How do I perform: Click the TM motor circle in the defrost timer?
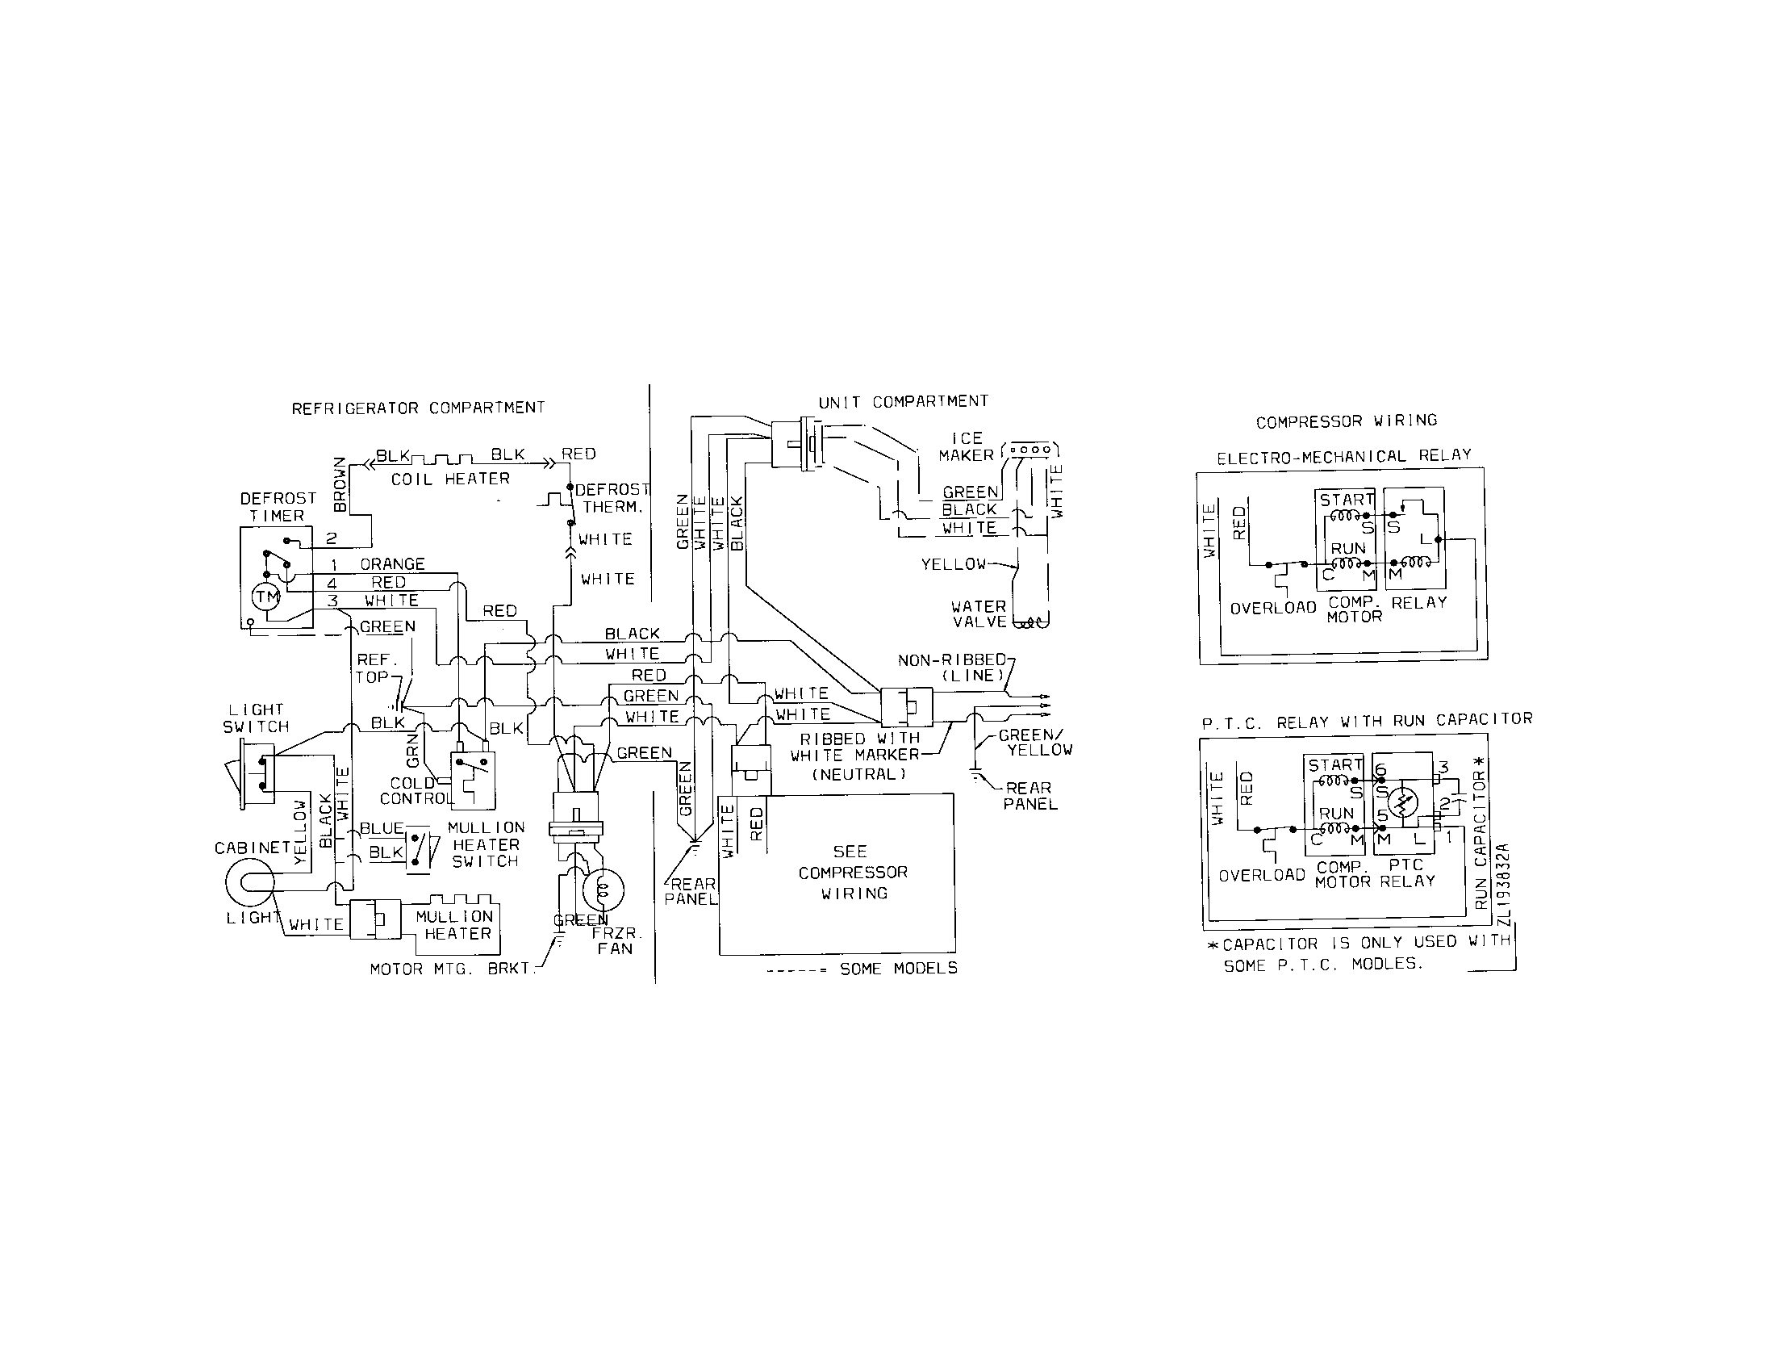[x=266, y=597]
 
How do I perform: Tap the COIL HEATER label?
[x=450, y=479]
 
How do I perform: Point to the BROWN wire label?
[x=340, y=484]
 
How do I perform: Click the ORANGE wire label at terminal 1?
[x=392, y=564]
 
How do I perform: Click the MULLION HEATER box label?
[x=455, y=925]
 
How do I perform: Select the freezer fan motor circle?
[x=602, y=890]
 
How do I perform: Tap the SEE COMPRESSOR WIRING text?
[x=852, y=873]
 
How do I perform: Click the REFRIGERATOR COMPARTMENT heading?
[x=418, y=408]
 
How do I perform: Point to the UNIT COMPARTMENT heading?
[x=903, y=402]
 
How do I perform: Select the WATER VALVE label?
[x=979, y=614]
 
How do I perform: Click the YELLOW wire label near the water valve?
[x=953, y=564]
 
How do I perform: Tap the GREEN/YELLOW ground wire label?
[x=1034, y=743]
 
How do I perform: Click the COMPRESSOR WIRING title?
[x=1346, y=421]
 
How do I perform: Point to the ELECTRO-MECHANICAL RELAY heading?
[x=1343, y=457]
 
